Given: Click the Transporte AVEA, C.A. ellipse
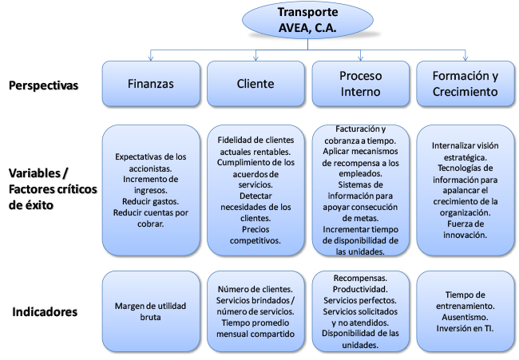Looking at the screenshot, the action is [x=308, y=20].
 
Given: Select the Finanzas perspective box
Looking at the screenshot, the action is [x=151, y=84].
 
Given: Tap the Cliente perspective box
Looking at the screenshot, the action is [x=256, y=84].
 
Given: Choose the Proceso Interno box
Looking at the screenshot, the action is [x=360, y=84].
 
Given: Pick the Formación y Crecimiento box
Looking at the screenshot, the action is [x=466, y=84].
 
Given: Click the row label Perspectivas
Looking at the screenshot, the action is [x=43, y=85].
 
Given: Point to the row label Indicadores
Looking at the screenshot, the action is [x=45, y=311].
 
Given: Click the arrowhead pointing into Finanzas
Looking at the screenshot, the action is [x=151, y=58].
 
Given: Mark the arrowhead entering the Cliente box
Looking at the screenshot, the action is [x=256, y=58].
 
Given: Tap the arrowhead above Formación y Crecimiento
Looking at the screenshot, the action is [x=466, y=58].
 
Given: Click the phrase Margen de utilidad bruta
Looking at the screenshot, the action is [x=151, y=311].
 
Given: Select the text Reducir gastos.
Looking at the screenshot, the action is [x=151, y=201].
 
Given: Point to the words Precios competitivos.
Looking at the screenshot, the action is [x=256, y=235].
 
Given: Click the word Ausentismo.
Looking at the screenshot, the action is [x=465, y=317].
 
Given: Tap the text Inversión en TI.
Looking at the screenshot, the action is [x=465, y=328].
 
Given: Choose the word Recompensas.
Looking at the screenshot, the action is [x=360, y=278].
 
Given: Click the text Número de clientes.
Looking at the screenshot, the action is [x=256, y=289].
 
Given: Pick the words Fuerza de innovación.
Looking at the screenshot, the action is [x=465, y=229].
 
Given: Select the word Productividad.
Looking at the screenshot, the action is [x=360, y=289].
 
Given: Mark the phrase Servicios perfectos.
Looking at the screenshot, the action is [x=360, y=300].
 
